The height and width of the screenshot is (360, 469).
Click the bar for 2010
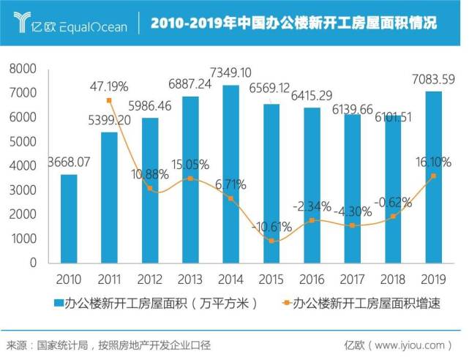[69, 218]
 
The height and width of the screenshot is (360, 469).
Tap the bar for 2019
[433, 176]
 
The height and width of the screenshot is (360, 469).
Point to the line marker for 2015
[271, 241]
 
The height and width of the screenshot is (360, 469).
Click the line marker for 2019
[433, 176]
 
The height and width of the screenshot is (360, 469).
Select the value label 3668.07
[69, 162]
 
